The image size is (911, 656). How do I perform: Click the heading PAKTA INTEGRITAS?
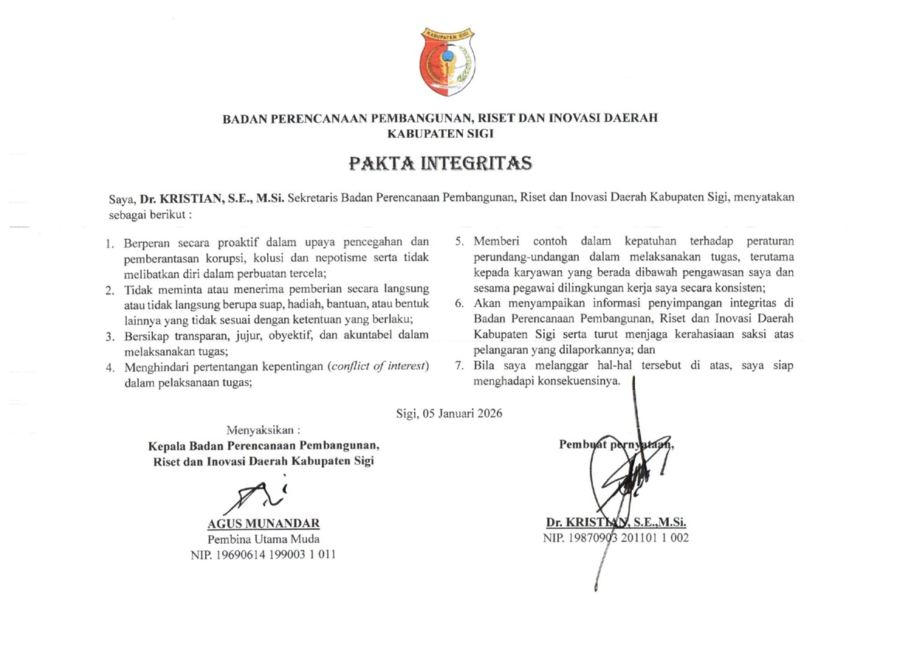tap(440, 162)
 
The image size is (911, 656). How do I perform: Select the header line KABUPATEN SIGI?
tap(440, 134)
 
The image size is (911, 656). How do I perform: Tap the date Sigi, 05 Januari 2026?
tap(449, 413)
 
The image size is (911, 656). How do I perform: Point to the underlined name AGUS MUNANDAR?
tap(264, 524)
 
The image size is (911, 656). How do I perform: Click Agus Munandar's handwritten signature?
tap(258, 496)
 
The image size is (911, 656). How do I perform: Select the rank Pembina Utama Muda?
tap(264, 539)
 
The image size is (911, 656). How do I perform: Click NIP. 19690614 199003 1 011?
tap(264, 555)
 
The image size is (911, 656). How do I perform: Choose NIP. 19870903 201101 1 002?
tap(616, 539)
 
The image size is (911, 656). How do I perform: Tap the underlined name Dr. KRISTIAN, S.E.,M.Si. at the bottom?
tap(616, 522)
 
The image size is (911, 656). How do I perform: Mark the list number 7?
tap(458, 366)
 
